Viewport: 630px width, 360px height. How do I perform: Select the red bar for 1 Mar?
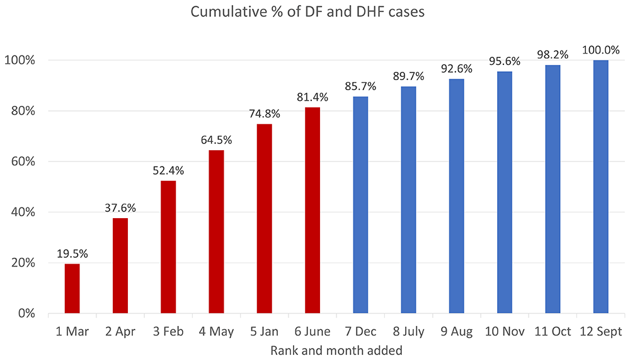coord(72,288)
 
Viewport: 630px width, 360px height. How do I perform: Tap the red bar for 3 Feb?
coord(168,247)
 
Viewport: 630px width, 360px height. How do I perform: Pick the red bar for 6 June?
coord(312,210)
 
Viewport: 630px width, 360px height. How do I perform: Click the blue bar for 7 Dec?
coord(360,205)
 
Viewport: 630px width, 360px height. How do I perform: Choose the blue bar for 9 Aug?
coord(457,196)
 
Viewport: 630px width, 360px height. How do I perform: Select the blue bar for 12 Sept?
coord(600,187)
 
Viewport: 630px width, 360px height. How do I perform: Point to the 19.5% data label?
coord(72,254)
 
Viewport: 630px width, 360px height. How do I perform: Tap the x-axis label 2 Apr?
coord(120,332)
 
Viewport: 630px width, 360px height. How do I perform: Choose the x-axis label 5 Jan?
coord(264,332)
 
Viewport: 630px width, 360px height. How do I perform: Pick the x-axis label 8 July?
coord(408,332)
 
